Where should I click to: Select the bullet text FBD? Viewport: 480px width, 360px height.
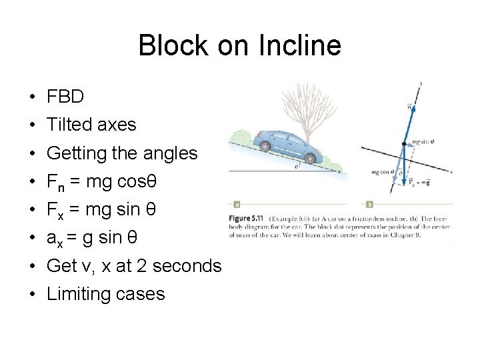[x=65, y=97]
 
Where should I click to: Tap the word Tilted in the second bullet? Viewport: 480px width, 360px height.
[x=70, y=125]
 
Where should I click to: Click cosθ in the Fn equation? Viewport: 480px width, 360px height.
[x=141, y=181]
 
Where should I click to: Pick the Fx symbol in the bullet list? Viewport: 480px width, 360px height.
[x=53, y=210]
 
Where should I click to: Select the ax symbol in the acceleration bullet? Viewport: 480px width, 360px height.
[x=54, y=238]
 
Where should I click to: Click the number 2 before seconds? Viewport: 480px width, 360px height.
[x=141, y=266]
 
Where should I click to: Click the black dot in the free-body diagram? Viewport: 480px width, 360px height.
[x=403, y=143]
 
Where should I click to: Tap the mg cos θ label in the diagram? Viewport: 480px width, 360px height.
[x=385, y=172]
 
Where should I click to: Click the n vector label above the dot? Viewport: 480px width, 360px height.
[x=408, y=105]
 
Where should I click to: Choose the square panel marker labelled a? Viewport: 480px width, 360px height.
[x=237, y=204]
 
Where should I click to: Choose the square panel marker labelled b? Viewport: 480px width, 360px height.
[x=369, y=204]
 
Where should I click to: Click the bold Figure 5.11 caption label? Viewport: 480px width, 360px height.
[x=248, y=219]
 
